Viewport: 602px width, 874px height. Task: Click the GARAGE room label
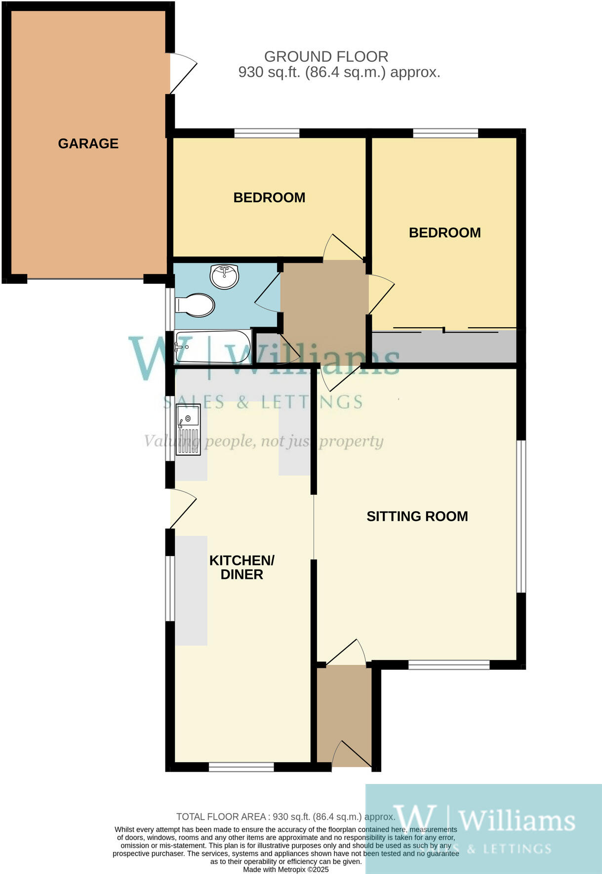click(x=88, y=143)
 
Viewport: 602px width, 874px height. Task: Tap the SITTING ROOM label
click(x=417, y=516)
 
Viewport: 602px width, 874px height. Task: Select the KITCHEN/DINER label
click(x=241, y=567)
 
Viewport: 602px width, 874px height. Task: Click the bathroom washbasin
click(x=225, y=276)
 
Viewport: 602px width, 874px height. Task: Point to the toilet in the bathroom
click(x=196, y=305)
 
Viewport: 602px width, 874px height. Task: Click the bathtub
click(x=212, y=347)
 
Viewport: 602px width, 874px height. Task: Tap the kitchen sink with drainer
click(x=188, y=429)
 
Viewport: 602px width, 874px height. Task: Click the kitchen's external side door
click(x=182, y=508)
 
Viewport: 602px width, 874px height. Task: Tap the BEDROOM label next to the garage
click(x=269, y=198)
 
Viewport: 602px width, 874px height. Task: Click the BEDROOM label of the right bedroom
click(x=444, y=233)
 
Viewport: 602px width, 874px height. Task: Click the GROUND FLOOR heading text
click(x=326, y=56)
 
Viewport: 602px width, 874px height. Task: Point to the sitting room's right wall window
click(x=521, y=516)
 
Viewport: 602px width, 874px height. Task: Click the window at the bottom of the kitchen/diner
click(x=241, y=767)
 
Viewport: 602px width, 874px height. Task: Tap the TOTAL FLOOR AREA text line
click(x=285, y=817)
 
